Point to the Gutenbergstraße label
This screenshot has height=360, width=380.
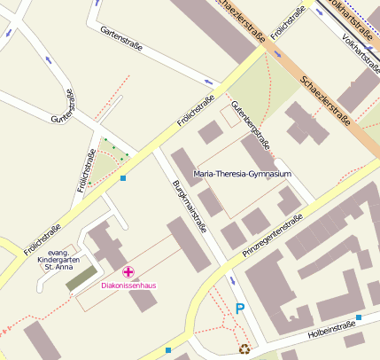click(251, 124)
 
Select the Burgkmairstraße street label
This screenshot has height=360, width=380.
click(188, 206)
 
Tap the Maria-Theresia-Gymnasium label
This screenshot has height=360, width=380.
click(242, 175)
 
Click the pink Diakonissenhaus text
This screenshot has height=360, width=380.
click(128, 286)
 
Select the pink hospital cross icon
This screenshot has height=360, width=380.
click(128, 271)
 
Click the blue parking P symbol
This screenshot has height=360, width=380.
click(239, 309)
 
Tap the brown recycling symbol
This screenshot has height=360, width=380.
click(244, 348)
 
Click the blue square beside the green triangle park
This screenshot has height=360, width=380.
click(123, 178)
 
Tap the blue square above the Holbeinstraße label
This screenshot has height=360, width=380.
click(359, 317)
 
